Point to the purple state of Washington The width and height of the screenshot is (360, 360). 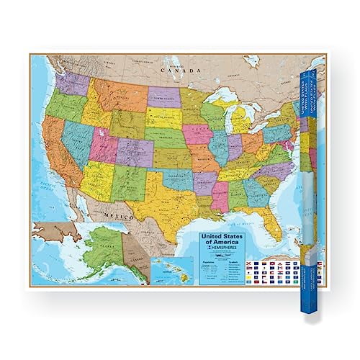click(x=73, y=84)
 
